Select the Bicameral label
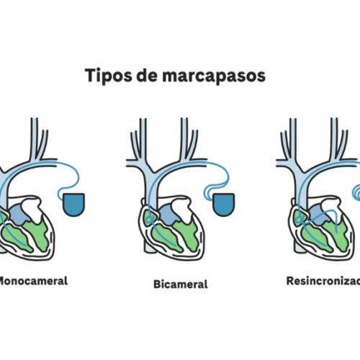point(181,284)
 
